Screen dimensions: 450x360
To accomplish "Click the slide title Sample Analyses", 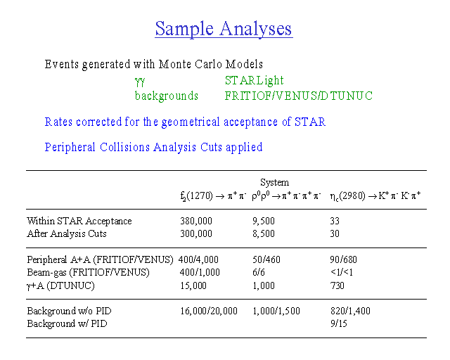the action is pos(224,29).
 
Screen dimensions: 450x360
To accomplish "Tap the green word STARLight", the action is pos(255,81).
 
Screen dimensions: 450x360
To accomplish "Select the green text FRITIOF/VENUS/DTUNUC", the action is pos(298,96).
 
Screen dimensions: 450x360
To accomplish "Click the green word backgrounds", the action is pos(167,96).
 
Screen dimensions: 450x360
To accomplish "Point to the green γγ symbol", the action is pos(140,82).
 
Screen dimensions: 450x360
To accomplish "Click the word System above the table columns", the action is pos(274,182).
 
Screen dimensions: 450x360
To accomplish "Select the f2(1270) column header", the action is pos(213,196).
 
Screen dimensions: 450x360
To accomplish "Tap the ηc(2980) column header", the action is pos(375,196).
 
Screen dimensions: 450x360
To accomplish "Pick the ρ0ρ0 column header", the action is pos(286,196).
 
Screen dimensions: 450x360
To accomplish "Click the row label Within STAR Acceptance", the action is pos(79,221).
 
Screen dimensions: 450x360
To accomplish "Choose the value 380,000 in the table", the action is pos(196,221).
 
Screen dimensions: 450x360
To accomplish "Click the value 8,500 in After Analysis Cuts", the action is pos(264,233).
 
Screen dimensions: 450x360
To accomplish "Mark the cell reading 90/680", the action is pos(343,259).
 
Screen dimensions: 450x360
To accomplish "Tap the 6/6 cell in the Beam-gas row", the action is pos(259,272).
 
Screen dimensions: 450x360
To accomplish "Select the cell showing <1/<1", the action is pos(341,272).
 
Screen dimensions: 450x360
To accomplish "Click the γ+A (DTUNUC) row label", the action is pos(60,286).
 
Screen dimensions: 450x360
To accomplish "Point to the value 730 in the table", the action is pos(337,286).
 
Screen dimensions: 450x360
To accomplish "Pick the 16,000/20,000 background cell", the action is pos(209,311).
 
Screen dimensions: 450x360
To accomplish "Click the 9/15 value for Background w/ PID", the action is pos(338,324).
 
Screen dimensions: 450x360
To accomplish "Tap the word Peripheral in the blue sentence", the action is pos(70,148).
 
